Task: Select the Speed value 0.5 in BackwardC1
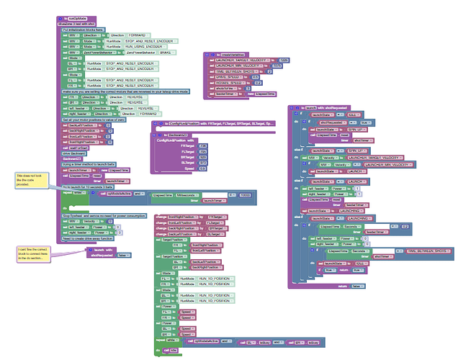[x=202, y=168]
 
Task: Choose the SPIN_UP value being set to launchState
[x=356, y=150]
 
